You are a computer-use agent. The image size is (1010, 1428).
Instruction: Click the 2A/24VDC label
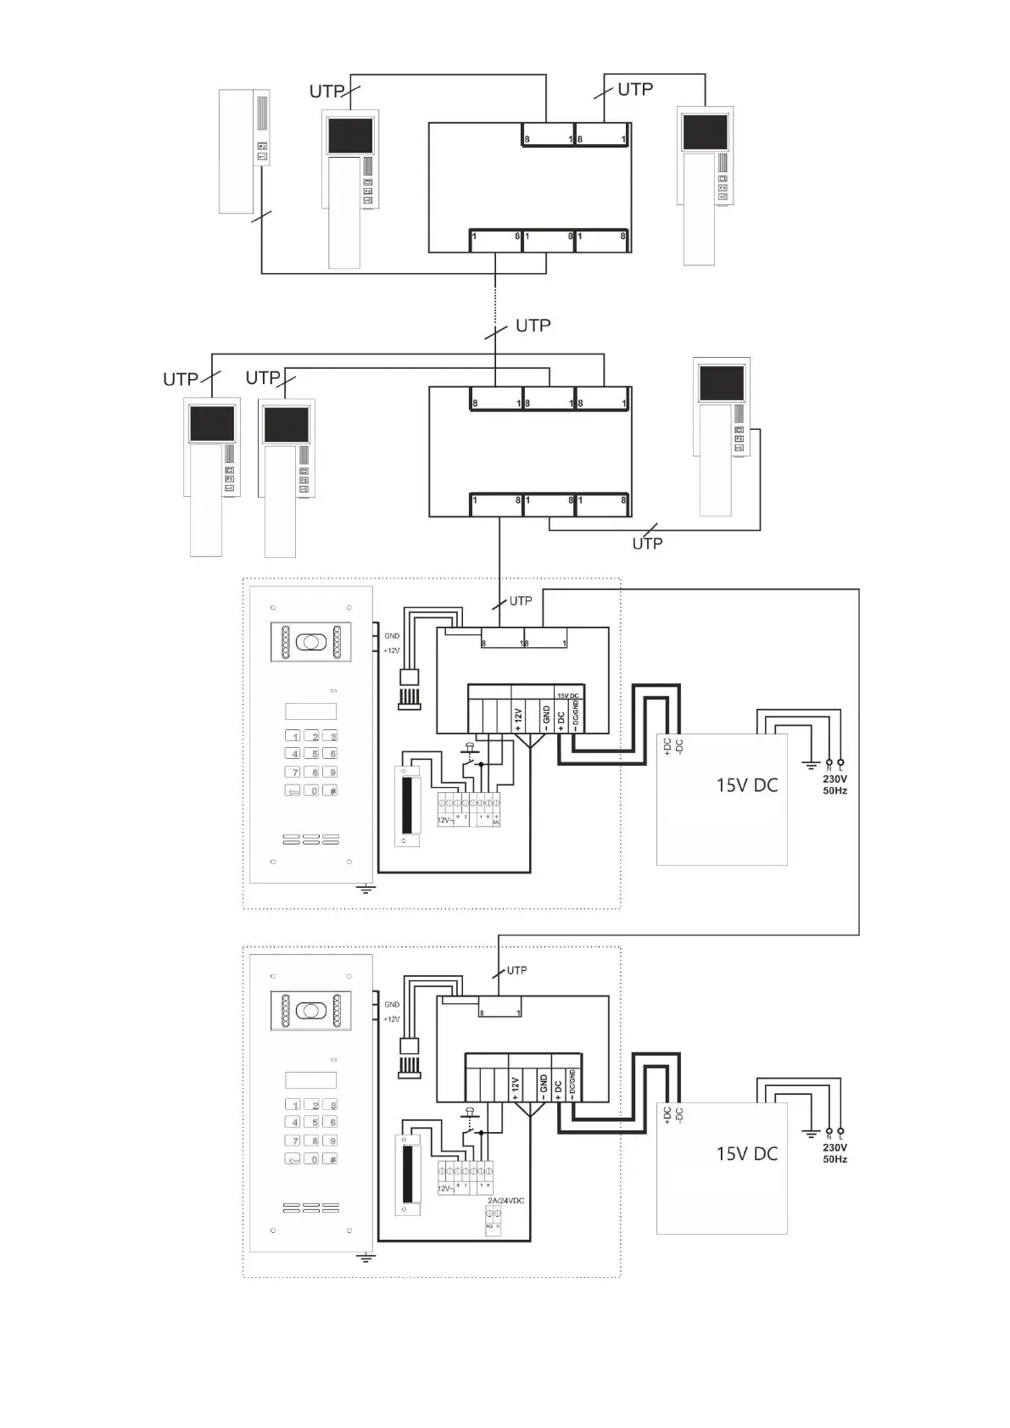point(505,1201)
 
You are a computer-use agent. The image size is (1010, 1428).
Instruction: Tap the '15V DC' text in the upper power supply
point(746,785)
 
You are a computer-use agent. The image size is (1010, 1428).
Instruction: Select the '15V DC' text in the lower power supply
point(746,1154)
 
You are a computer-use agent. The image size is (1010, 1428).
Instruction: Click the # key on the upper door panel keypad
point(333,790)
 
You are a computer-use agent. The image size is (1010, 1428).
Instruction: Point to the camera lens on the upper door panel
point(311,642)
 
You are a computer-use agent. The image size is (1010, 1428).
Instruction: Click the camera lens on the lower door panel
point(311,1011)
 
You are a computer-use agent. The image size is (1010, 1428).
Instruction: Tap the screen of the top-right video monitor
point(705,132)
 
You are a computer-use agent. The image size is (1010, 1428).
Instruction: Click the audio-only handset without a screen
point(243,152)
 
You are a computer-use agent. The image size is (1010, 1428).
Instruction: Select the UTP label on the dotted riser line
point(533,326)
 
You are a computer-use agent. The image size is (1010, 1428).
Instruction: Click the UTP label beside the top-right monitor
point(634,89)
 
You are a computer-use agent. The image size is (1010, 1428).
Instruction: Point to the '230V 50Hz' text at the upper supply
point(834,784)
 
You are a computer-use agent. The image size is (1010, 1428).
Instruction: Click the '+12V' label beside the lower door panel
point(391,1019)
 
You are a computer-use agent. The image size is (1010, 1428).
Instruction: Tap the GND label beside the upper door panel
point(392,636)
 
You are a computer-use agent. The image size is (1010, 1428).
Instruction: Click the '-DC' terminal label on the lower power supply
point(680,1114)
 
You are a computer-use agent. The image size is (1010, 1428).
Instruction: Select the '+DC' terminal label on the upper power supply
point(667,746)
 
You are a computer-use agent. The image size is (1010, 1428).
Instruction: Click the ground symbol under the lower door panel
point(365,1257)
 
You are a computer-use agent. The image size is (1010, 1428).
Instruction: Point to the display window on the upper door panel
point(310,711)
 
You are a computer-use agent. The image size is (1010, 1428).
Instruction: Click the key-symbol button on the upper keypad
point(293,790)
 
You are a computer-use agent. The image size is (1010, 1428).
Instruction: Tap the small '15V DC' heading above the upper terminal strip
point(567,695)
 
